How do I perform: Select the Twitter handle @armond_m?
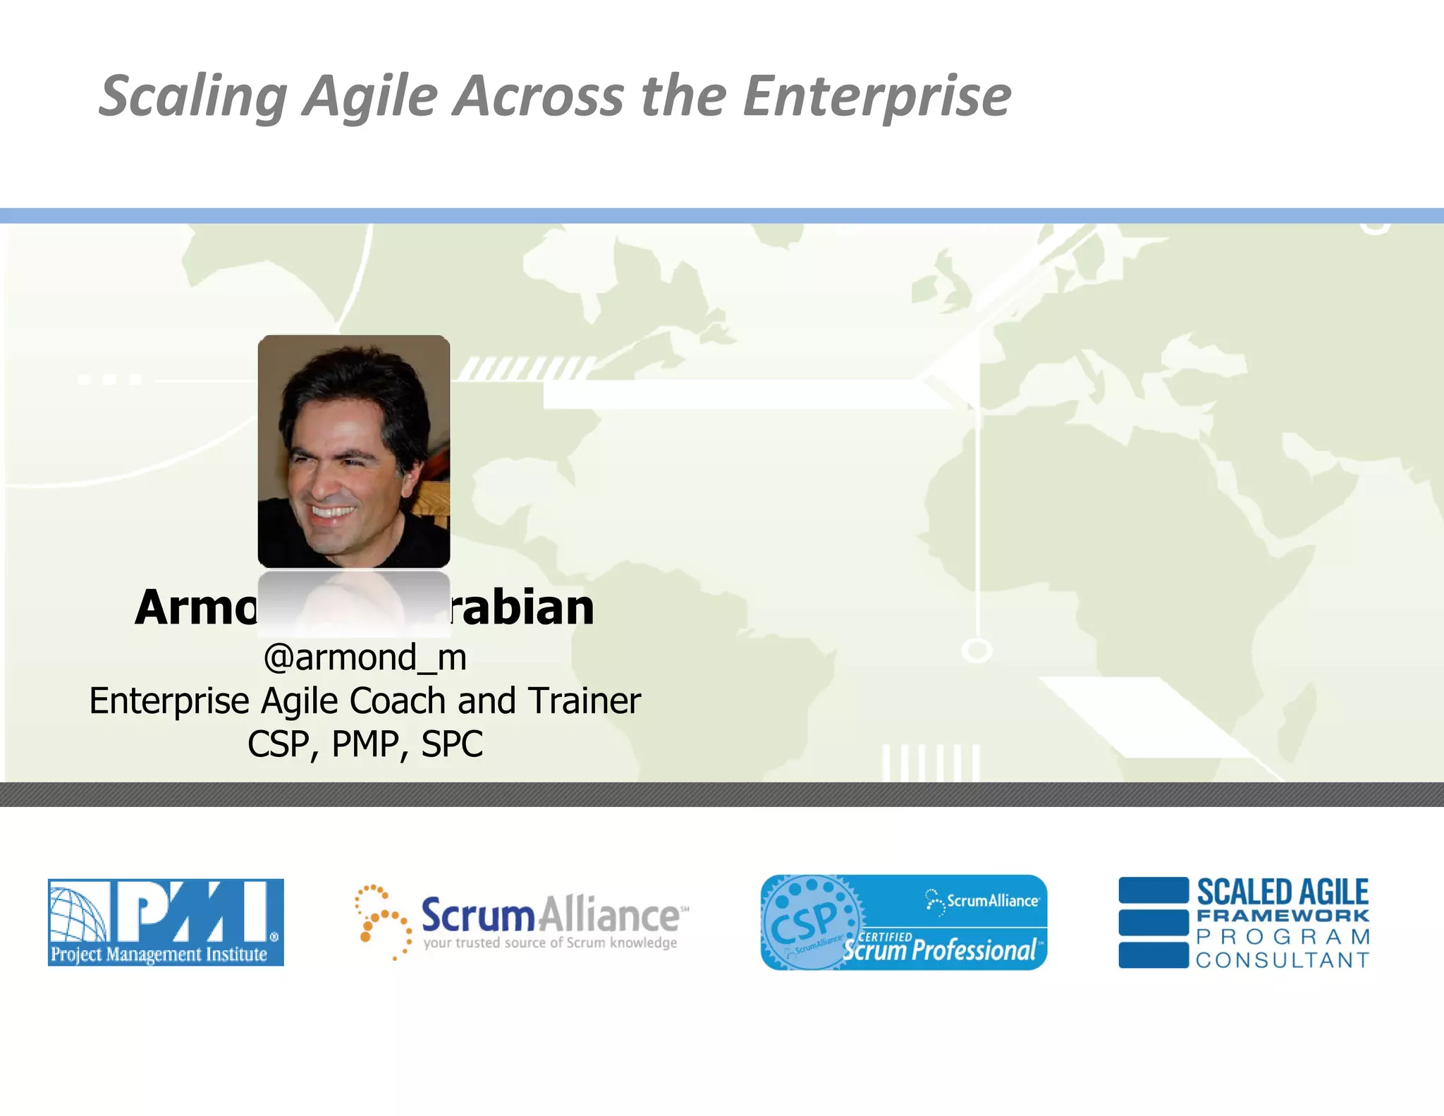pyautogui.click(x=365, y=657)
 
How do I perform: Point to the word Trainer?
pyautogui.click(x=585, y=701)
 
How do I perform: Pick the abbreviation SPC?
pyautogui.click(x=452, y=744)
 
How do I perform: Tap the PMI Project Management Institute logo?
pyautogui.click(x=166, y=922)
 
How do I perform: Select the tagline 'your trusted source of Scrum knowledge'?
pyautogui.click(x=550, y=943)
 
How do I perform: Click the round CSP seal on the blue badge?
pyautogui.click(x=807, y=921)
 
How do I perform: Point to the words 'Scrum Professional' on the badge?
pyautogui.click(x=939, y=950)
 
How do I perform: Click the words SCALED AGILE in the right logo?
pyautogui.click(x=1282, y=892)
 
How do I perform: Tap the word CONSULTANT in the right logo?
pyautogui.click(x=1282, y=960)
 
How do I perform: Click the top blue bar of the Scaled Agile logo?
pyautogui.click(x=1154, y=890)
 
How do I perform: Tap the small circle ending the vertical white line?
pyautogui.click(x=977, y=650)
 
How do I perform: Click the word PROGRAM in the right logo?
pyautogui.click(x=1282, y=938)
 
